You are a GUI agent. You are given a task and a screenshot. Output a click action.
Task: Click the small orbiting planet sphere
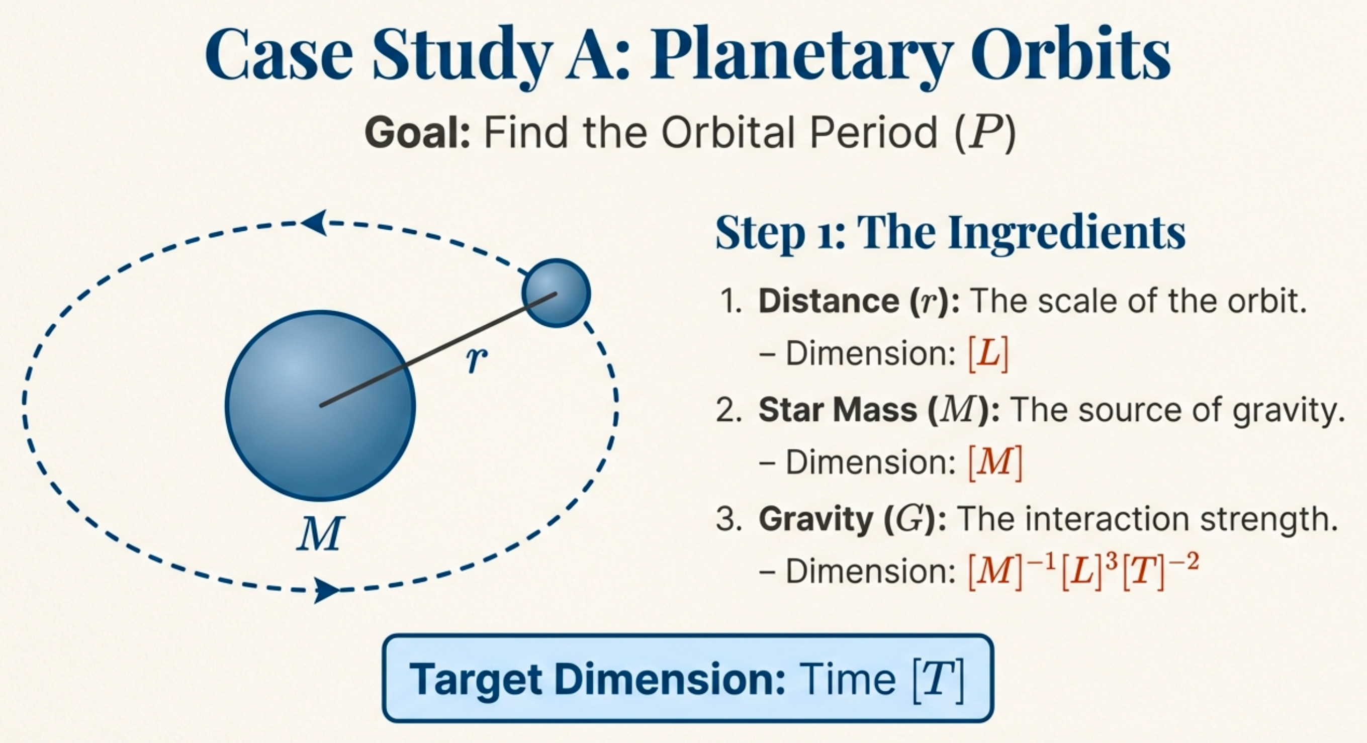pos(556,293)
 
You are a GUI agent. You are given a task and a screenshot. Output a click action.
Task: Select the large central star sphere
pos(320,406)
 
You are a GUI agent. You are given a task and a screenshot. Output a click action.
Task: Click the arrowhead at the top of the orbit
pos(314,222)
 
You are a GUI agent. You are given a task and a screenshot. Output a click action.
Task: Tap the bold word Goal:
pos(418,133)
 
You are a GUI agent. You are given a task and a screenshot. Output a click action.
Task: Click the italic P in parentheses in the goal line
pos(984,133)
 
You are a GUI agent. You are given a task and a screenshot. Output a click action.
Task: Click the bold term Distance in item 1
pos(828,301)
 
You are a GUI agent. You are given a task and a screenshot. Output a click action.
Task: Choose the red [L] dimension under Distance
pos(988,354)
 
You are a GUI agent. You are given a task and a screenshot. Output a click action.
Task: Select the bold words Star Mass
pos(838,410)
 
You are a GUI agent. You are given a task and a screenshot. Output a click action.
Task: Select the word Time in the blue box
pos(847,679)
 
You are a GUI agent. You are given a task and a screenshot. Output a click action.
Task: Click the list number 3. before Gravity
pos(728,519)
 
